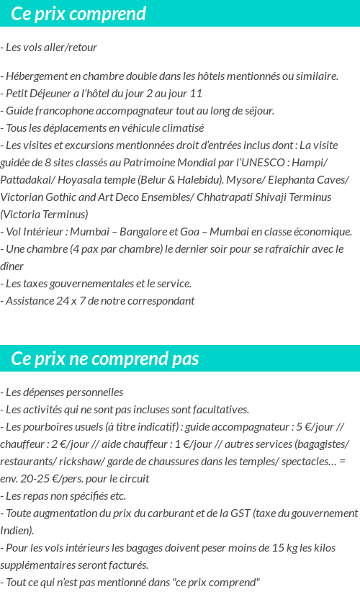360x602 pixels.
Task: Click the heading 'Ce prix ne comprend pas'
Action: point(105,359)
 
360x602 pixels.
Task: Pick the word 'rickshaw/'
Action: point(82,462)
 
